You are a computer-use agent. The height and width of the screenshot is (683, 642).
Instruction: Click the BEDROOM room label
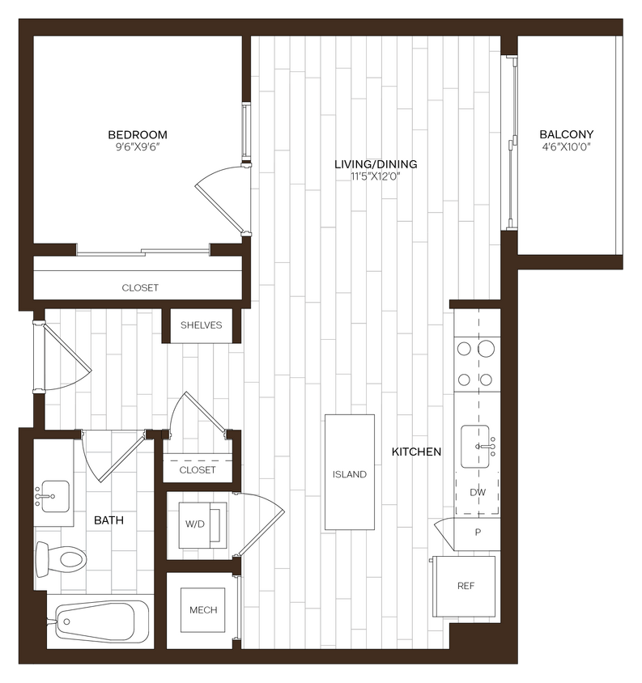(x=138, y=134)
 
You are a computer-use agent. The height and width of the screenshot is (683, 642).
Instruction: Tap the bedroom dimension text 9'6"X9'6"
(x=138, y=146)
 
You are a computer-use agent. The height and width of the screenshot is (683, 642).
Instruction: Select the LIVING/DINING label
(x=376, y=164)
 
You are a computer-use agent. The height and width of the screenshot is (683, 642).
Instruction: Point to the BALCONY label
(x=568, y=134)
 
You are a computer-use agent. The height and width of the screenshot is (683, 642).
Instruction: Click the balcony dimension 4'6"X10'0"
(x=568, y=146)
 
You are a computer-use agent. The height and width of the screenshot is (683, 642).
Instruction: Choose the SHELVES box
(x=201, y=325)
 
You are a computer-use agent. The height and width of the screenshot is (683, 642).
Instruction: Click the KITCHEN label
(x=416, y=452)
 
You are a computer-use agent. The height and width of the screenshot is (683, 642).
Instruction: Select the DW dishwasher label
(x=477, y=492)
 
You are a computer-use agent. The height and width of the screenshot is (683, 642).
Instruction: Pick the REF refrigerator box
(x=465, y=585)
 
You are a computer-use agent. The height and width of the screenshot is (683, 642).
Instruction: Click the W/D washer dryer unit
(x=197, y=524)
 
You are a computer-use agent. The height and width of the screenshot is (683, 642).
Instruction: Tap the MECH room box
(x=202, y=609)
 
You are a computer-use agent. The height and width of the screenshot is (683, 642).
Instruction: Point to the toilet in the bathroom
(x=62, y=558)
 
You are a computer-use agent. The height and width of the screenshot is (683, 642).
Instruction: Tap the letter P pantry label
(x=477, y=532)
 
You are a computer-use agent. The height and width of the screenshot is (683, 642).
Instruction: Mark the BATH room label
(x=108, y=520)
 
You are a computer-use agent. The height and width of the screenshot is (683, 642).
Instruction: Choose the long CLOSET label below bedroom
(x=140, y=287)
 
